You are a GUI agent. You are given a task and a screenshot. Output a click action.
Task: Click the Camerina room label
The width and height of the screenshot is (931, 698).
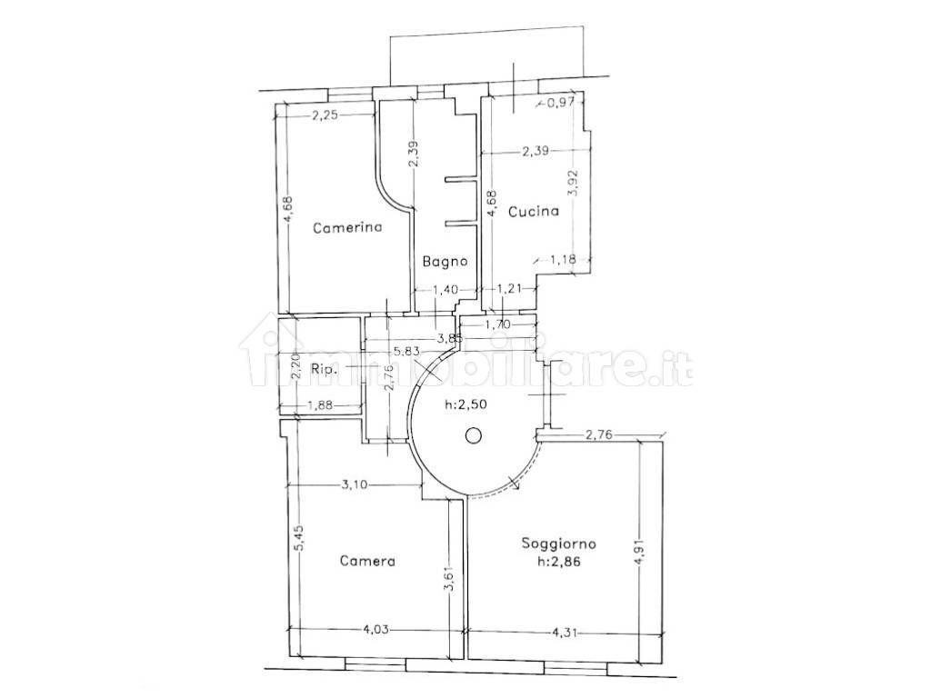point(347,226)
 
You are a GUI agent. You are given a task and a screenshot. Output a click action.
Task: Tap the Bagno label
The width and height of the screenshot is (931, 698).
point(445,261)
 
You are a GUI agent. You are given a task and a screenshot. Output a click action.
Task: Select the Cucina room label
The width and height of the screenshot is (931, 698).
point(534,211)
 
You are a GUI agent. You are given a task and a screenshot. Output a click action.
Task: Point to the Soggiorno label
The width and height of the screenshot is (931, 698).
point(559,543)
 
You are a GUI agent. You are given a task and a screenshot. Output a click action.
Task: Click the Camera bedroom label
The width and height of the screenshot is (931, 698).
point(367,561)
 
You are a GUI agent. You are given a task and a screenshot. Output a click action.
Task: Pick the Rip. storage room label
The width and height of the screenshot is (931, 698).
point(325,369)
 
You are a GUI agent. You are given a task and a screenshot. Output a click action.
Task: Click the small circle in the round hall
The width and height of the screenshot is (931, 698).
point(473,436)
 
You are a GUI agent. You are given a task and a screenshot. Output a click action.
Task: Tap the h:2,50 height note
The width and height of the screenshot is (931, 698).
point(467,405)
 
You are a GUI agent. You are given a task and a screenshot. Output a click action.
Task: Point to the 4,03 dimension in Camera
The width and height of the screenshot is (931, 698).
point(375,630)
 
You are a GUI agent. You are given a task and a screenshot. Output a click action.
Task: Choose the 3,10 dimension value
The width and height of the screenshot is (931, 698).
point(355,485)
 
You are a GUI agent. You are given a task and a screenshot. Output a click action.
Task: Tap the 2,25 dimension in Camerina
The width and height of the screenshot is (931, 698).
point(325,115)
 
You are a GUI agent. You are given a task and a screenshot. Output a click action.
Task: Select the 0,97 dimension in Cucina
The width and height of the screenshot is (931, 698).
point(561,103)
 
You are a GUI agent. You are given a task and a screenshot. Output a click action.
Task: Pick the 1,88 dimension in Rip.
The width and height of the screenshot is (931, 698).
point(321,406)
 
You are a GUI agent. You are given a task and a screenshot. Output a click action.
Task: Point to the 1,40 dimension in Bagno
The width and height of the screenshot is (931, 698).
point(445,290)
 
